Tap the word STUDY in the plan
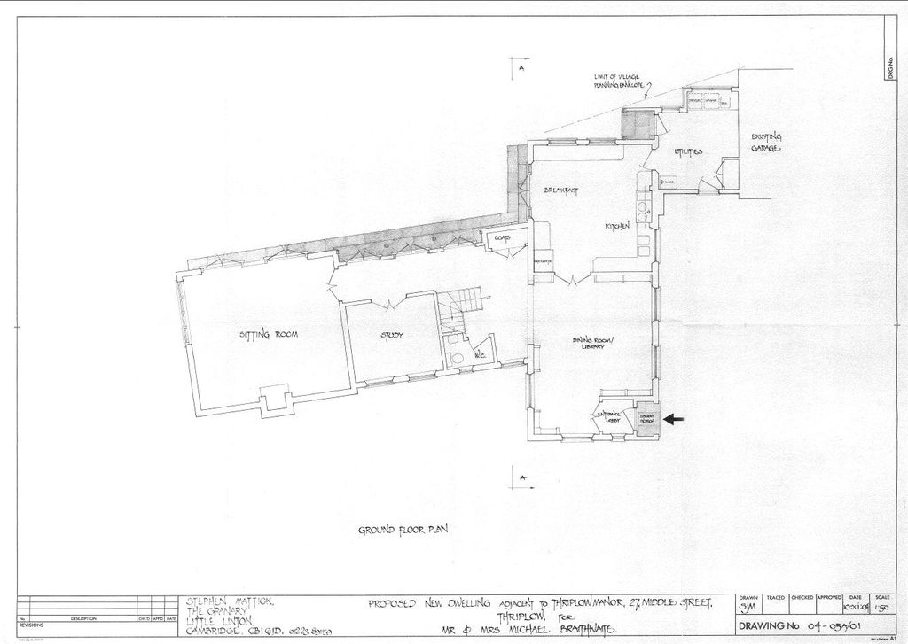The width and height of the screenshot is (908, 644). click(392, 336)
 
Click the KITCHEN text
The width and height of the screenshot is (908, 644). click(617, 228)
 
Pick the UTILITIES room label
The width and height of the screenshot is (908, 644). click(688, 152)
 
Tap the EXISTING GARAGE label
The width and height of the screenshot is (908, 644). click(766, 143)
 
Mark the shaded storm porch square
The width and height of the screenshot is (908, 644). click(645, 421)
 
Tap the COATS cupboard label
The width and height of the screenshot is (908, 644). click(490, 237)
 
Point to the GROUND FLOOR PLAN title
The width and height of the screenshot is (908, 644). click(403, 531)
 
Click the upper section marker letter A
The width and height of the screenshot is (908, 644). click(522, 67)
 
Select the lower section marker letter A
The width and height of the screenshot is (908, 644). click(522, 477)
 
